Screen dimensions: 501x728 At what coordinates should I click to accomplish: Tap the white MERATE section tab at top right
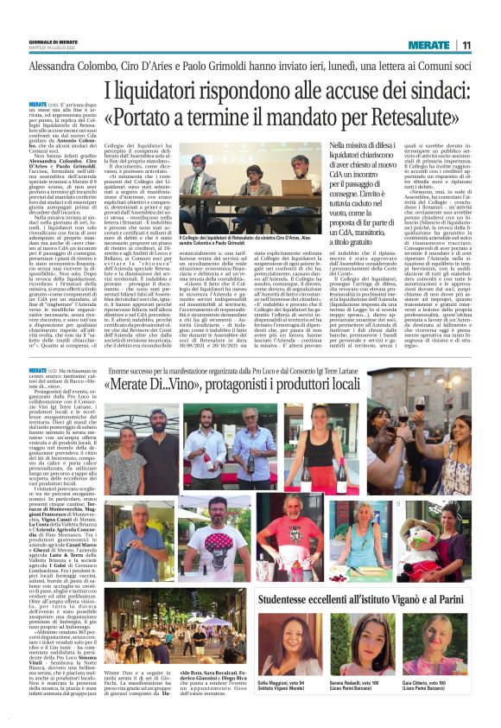(429, 45)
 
